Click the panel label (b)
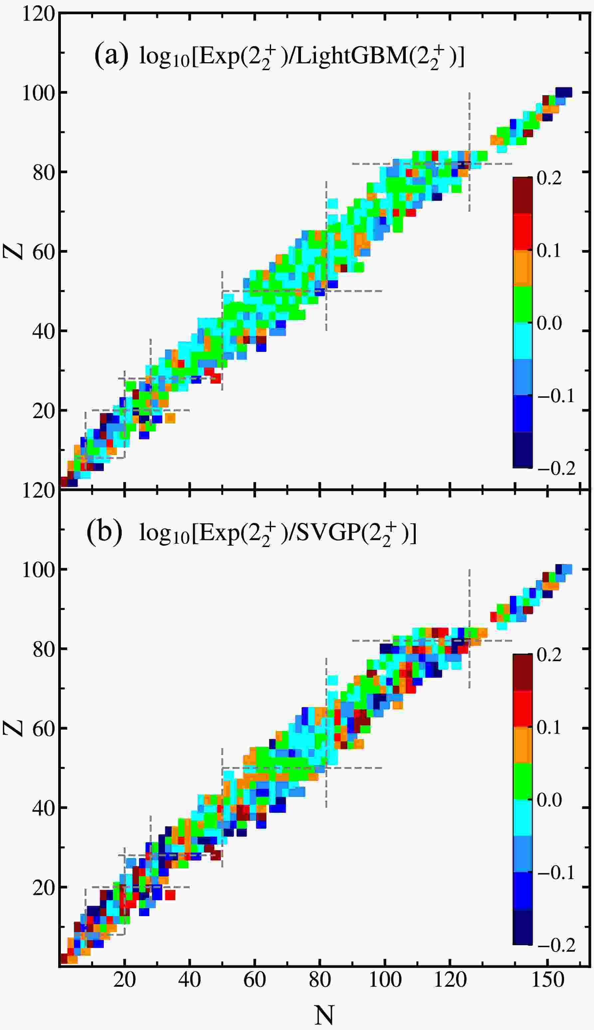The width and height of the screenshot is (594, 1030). coord(104,532)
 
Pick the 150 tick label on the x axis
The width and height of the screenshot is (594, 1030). coord(547,980)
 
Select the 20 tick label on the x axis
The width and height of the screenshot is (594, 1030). coord(124,980)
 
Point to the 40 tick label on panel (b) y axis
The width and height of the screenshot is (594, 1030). coord(43,808)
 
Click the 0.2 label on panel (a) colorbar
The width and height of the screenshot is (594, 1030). coord(549,178)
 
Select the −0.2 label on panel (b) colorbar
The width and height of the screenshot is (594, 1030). coord(556,945)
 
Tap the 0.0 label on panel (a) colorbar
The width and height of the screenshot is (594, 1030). coord(549,323)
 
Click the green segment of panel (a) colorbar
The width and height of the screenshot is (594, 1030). coord(522,304)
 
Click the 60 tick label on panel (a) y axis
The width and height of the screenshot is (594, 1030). coord(43,252)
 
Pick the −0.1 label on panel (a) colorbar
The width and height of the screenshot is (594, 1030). coord(556,395)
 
